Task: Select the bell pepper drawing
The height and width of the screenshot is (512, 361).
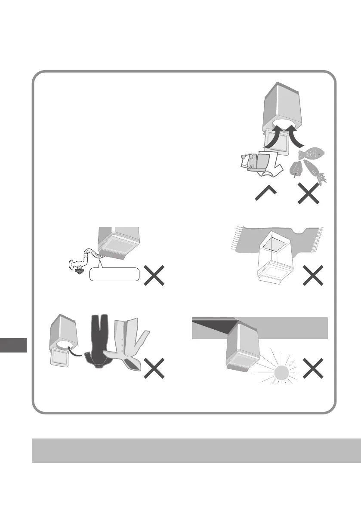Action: click(296, 169)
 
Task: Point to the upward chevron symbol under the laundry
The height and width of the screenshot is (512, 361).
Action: click(265, 196)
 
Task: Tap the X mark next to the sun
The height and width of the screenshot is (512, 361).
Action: click(312, 369)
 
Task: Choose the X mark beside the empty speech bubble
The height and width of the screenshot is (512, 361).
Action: click(154, 275)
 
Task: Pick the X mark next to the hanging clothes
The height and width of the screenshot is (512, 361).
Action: click(154, 368)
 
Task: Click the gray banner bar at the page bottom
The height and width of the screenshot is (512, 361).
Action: click(196, 451)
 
